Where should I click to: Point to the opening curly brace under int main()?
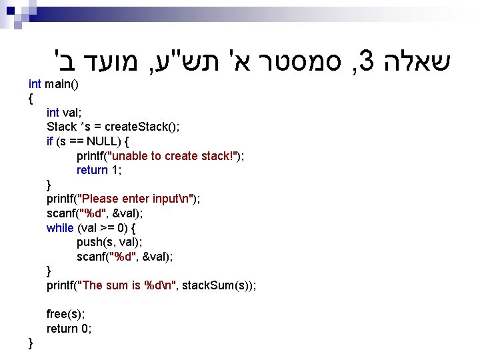pos(31,99)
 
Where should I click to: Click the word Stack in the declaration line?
pos(61,127)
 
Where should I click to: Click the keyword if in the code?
pos(50,141)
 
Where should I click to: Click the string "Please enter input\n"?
pos(136,199)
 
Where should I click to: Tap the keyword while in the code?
pos(60,228)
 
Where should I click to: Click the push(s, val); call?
pos(109,242)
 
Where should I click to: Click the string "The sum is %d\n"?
pos(127,285)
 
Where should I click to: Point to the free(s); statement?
pos(65,314)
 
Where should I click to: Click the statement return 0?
pos(69,328)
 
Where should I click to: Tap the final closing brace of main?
pos(31,343)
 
